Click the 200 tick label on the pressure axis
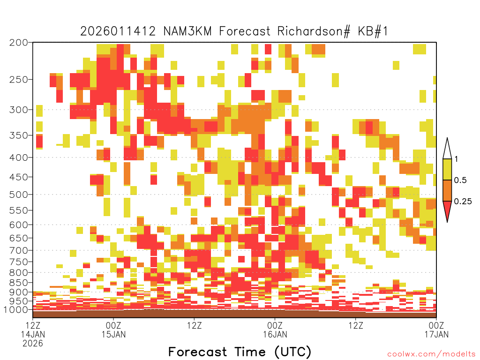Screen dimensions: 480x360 [x=18, y=43]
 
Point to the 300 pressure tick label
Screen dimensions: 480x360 [x=18, y=110]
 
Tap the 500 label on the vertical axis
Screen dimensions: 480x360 [x=18, y=195]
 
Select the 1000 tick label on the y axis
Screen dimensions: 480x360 [x=15, y=310]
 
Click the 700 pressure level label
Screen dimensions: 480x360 [x=18, y=250]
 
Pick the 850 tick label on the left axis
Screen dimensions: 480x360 [x=18, y=283]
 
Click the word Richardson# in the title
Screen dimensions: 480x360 [x=314, y=31]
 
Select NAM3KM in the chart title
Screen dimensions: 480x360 [x=187, y=31]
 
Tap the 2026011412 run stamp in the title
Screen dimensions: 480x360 [x=118, y=31]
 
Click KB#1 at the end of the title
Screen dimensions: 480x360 [x=373, y=31]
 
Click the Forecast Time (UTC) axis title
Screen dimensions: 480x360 [x=240, y=352]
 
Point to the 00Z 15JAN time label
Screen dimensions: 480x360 [x=113, y=330]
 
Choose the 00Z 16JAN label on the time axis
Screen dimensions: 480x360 [x=275, y=330]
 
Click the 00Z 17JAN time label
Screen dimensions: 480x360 [x=436, y=330]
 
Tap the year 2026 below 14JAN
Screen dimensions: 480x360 [x=33, y=344]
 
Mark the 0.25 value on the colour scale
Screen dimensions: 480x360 [x=463, y=202]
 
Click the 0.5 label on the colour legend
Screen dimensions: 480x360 [x=460, y=180]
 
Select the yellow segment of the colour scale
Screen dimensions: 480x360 [x=447, y=169]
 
